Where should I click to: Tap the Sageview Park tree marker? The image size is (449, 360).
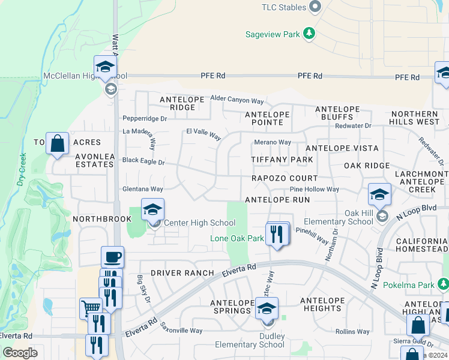(x=309, y=33)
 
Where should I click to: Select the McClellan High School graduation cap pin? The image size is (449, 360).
(x=104, y=67)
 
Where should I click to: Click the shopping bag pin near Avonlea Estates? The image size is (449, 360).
(x=57, y=144)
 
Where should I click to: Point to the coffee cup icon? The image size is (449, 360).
(x=112, y=257)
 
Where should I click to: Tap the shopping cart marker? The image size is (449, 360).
(x=91, y=308)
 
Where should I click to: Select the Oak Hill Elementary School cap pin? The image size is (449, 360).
(x=380, y=195)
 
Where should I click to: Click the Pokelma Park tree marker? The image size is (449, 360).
(x=444, y=284)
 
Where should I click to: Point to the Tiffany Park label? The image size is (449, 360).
(x=282, y=160)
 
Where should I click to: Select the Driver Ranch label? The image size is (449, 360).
(x=182, y=273)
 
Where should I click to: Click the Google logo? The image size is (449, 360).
(x=20, y=353)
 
